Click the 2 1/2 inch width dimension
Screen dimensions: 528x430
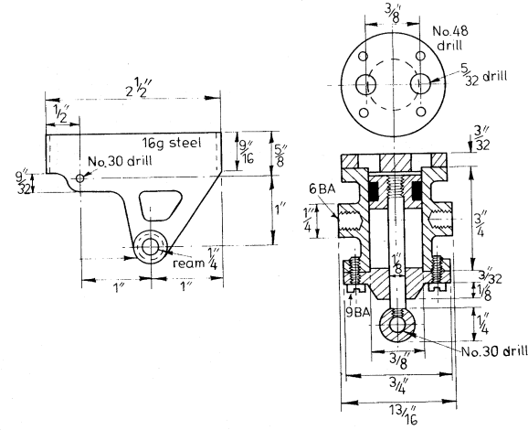137,87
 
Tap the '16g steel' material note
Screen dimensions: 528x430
172,143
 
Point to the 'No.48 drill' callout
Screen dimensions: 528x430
450,38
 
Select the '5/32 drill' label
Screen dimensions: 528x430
483,76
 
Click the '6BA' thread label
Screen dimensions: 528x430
322,189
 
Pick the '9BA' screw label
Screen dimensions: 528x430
358,312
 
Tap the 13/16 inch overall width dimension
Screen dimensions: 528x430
404,414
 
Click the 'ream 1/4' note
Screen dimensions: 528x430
195,259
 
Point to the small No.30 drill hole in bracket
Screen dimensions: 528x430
79,178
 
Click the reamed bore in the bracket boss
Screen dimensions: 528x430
150,247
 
